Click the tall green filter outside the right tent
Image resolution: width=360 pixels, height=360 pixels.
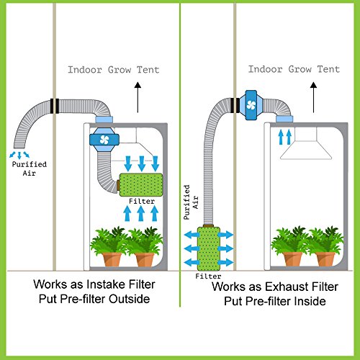[x=209, y=248]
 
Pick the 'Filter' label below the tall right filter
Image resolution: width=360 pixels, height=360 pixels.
[x=208, y=275]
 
